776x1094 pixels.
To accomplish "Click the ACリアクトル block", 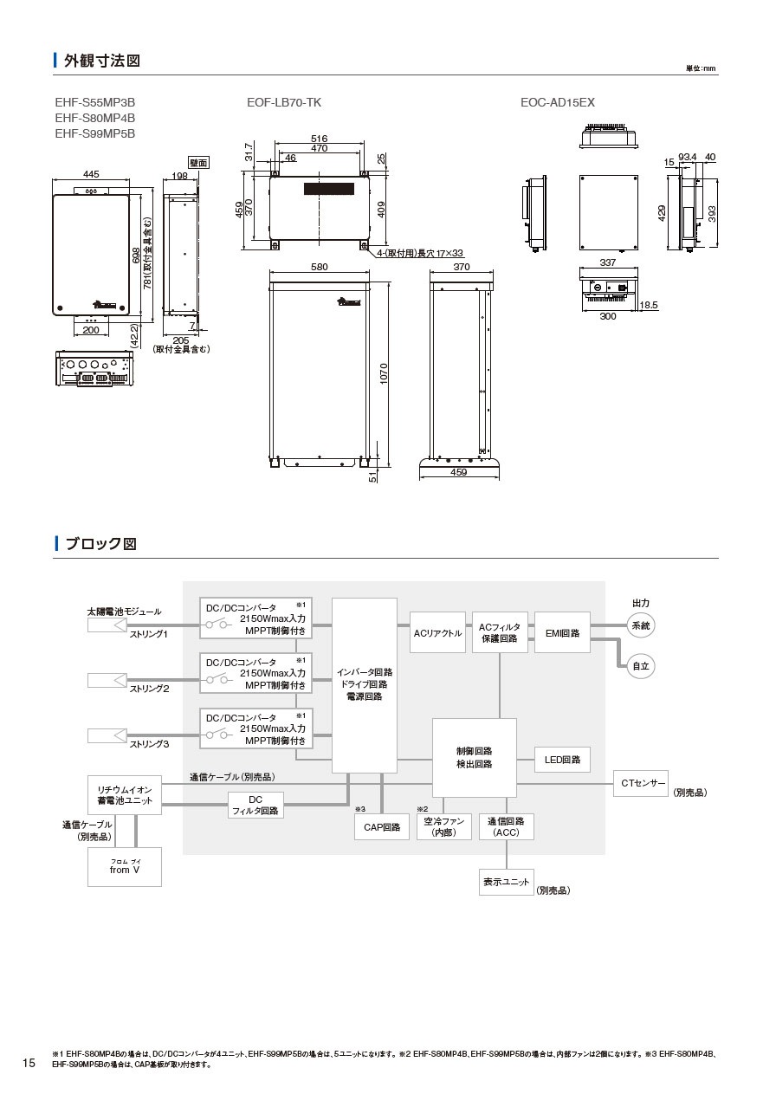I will click(437, 633).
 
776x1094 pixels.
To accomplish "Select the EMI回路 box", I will click(562, 632).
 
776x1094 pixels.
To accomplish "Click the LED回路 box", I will click(562, 760).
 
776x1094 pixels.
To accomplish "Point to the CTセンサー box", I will click(641, 783).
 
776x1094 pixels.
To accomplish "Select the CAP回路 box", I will click(382, 827).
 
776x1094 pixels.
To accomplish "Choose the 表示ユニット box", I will click(506, 882).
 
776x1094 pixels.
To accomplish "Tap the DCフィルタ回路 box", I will click(255, 806).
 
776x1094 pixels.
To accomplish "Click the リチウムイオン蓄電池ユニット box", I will click(125, 795).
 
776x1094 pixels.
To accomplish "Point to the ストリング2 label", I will click(149, 689).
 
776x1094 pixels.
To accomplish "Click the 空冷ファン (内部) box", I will click(444, 826).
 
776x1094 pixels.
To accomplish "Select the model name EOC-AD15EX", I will click(557, 102).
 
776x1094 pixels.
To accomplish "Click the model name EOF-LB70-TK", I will click(284, 102).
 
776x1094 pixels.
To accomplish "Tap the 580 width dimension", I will click(319, 268).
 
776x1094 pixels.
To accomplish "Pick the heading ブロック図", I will click(101, 544).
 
